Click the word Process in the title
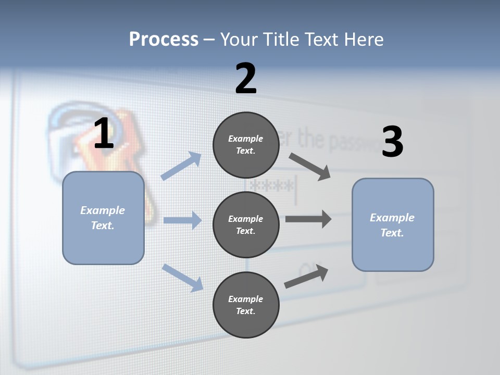[x=164, y=40]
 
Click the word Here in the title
[x=364, y=40]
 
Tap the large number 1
[x=104, y=134]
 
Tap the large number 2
[x=246, y=79]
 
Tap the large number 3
[x=392, y=142]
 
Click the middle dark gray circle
[x=246, y=224]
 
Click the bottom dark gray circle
[x=246, y=305]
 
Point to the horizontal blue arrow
[x=182, y=220]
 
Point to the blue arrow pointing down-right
[x=183, y=277]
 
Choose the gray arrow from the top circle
[x=310, y=167]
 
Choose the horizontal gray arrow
[x=308, y=219]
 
